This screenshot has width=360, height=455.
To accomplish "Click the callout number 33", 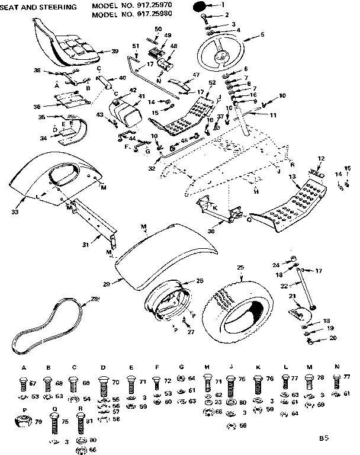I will [15, 210].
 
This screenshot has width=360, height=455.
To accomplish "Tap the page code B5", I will [323, 438].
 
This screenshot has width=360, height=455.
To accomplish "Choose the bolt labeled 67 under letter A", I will [24, 385].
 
